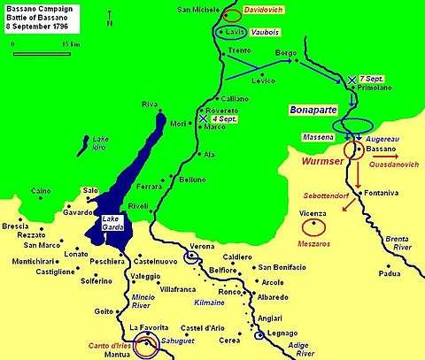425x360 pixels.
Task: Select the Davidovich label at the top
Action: pos(267,14)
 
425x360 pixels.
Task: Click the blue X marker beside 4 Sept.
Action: pos(204,118)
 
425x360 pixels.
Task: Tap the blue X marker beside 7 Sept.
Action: pos(352,80)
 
